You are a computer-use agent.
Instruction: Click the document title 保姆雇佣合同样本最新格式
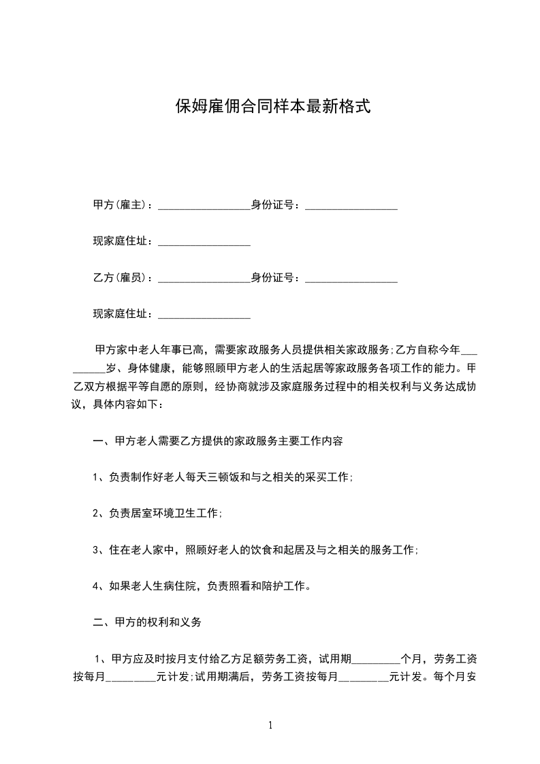(x=272, y=106)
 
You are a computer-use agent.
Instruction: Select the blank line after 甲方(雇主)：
(x=204, y=206)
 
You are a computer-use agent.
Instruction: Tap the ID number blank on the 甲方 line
(x=351, y=206)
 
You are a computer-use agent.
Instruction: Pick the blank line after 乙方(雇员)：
(x=204, y=279)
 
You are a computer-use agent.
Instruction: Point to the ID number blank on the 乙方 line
(x=351, y=279)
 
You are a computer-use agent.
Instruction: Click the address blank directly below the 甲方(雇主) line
(x=204, y=242)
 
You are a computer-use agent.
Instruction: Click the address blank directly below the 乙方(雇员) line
(x=204, y=316)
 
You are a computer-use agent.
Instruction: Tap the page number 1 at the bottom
(x=270, y=725)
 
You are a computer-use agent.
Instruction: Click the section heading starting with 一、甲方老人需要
(x=217, y=441)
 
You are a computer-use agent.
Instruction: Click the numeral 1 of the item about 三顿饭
(x=96, y=477)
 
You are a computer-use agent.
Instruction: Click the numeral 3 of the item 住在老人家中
(x=96, y=550)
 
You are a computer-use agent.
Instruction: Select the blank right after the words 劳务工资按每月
(x=363, y=678)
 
